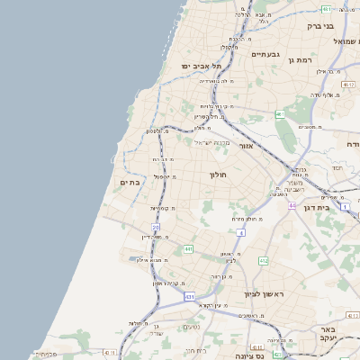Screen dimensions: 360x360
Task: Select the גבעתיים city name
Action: (x=265, y=55)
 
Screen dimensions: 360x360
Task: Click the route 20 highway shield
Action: (x=156, y=228)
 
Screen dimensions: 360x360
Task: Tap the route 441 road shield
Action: (x=188, y=248)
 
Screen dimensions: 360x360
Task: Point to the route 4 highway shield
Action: (x=241, y=233)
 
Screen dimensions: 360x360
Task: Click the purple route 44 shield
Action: (x=292, y=206)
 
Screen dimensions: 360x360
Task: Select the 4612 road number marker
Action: (x=349, y=85)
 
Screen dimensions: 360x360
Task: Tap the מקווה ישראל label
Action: (x=214, y=142)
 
